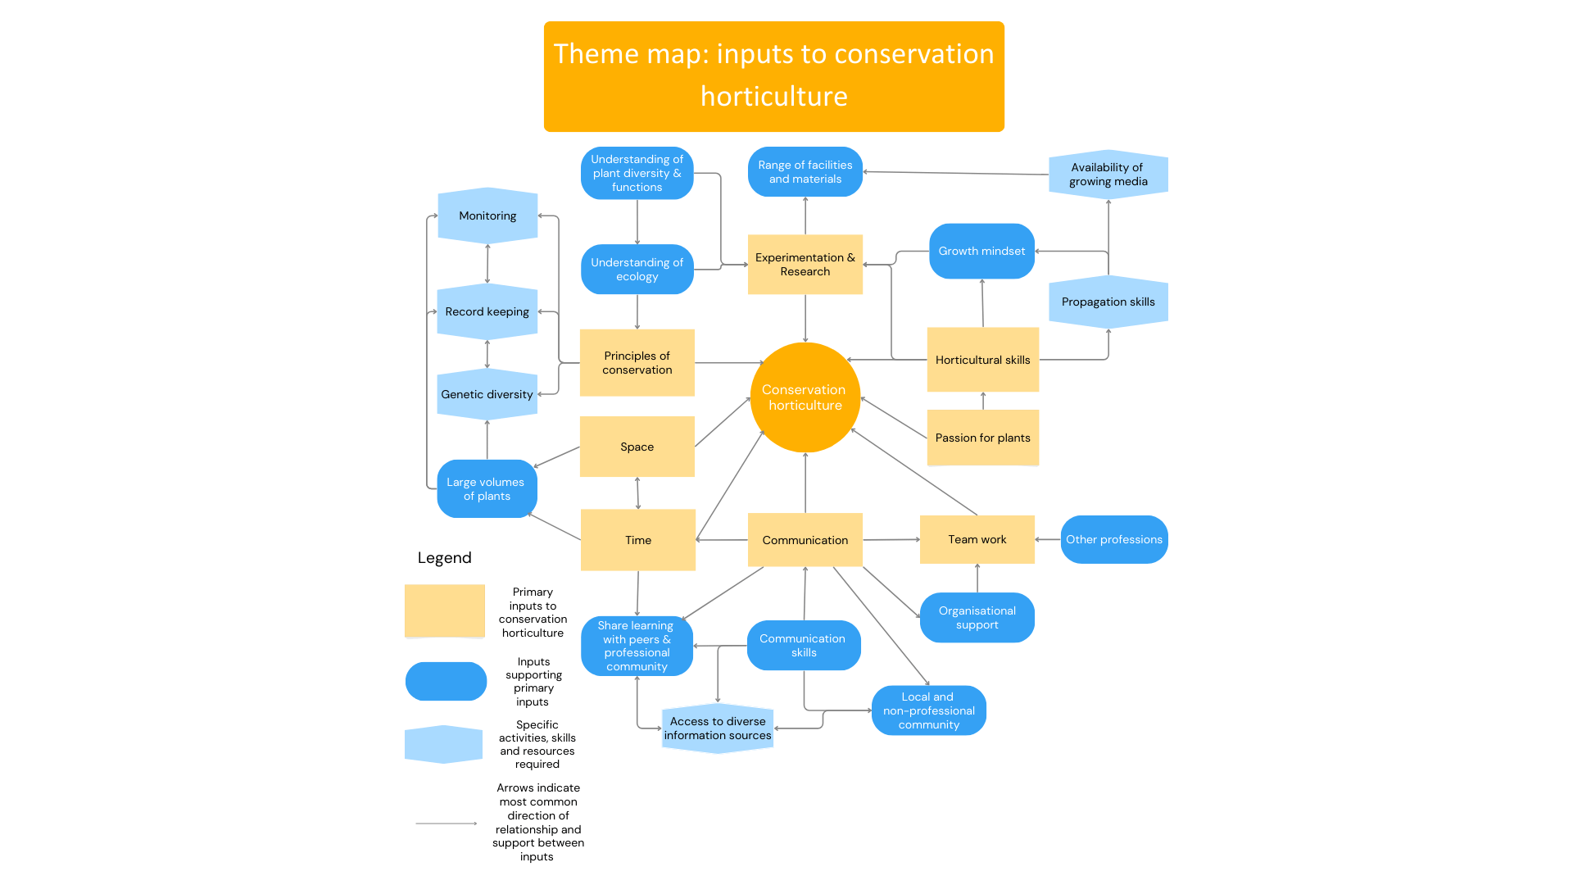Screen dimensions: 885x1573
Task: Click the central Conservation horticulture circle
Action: click(805, 397)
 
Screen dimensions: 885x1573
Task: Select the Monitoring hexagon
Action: click(487, 216)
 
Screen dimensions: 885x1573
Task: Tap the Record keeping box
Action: click(487, 311)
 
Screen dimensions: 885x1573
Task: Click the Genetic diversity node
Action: click(487, 394)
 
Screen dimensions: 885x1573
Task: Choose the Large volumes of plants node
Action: click(487, 489)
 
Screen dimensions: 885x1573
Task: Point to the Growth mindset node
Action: click(981, 251)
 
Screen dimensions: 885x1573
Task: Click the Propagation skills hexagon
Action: click(1108, 302)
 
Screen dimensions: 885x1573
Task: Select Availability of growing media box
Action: click(1108, 175)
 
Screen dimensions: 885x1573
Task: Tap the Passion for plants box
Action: click(982, 438)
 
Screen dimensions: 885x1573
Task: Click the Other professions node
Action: click(1113, 539)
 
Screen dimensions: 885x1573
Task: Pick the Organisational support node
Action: click(977, 618)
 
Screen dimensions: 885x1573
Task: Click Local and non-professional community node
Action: click(928, 710)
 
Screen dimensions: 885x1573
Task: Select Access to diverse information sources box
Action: click(718, 728)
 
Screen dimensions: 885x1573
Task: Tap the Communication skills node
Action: click(803, 646)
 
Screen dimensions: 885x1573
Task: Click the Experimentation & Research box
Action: click(805, 264)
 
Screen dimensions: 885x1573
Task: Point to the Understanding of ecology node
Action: click(637, 270)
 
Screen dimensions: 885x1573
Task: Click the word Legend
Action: click(444, 558)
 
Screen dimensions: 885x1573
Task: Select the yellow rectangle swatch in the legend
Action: click(445, 610)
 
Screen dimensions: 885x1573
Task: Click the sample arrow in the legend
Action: click(447, 823)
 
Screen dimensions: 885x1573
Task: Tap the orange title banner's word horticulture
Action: click(773, 97)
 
